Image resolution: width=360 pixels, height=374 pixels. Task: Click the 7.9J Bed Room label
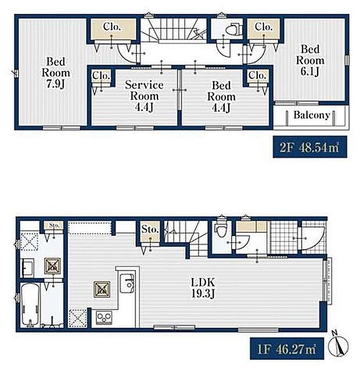coord(56,73)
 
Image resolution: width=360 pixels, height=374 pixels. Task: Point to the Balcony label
coord(311,115)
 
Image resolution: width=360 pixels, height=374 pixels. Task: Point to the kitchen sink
coord(127,284)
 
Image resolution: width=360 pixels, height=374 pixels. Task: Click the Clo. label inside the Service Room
coord(101,77)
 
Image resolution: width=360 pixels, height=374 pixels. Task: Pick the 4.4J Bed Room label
coord(221,95)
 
